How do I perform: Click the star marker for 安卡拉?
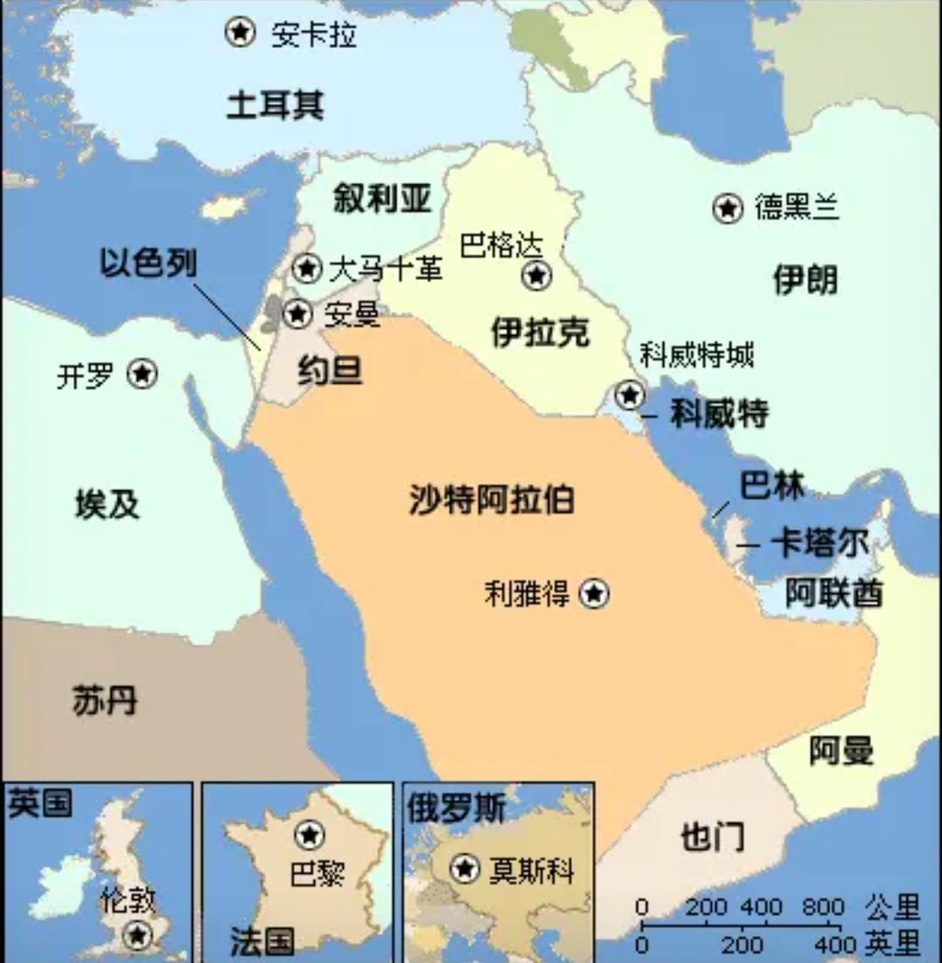tap(240, 32)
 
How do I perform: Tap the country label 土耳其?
tap(275, 105)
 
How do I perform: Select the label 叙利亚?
tap(382, 199)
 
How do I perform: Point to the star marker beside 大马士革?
tap(306, 268)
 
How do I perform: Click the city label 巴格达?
tap(501, 245)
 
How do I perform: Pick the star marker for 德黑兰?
tap(727, 208)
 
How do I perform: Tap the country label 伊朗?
tap(804, 280)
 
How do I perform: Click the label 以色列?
tap(147, 263)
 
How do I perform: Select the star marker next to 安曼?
tap(298, 313)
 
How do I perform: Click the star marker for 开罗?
tap(142, 374)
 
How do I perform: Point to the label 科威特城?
tap(696, 354)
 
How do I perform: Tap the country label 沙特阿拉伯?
tap(491, 501)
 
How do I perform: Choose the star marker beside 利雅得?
tap(594, 594)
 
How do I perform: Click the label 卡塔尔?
tap(819, 544)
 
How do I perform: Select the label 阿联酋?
tap(833, 593)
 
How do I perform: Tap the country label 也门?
tap(712, 837)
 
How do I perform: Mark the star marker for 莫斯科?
tap(465, 869)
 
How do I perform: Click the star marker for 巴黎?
tap(309, 835)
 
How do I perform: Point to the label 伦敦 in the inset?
tap(128, 900)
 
